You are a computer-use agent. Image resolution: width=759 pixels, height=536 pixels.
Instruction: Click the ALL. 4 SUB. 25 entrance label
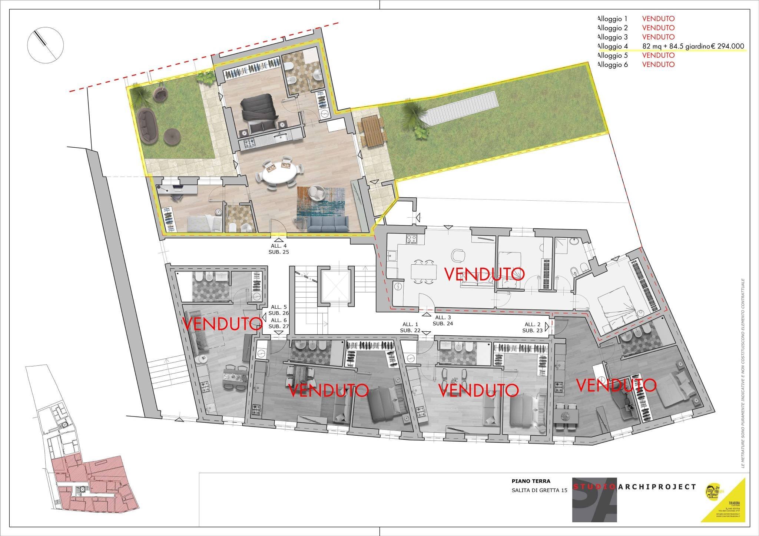coord(279,249)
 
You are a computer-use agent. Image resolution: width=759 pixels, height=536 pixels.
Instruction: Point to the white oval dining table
coord(279,172)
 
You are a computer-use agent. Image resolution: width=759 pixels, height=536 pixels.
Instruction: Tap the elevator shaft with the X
coord(335,285)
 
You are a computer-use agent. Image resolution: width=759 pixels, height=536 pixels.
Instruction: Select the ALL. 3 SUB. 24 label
coord(443,321)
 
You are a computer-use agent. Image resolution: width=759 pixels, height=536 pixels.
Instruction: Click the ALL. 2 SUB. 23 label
coord(533,327)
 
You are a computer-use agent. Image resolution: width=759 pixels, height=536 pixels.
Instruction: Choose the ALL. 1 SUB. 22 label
coord(410,327)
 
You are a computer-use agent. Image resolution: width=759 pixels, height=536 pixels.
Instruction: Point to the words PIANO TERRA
coord(531,481)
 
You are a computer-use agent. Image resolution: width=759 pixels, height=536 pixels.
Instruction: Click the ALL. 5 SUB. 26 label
coord(279,310)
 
